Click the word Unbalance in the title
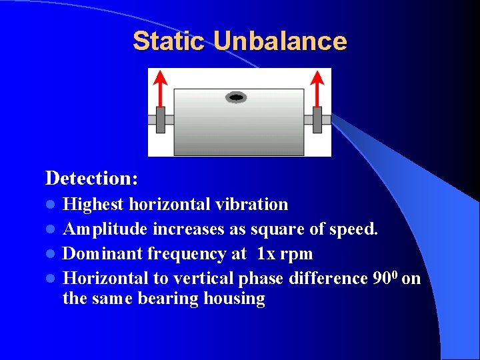coord(280,41)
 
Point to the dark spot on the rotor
coord(236,98)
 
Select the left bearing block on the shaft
coord(161,120)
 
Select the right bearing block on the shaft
coord(317,120)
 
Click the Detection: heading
coord(92,178)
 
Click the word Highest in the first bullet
coord(93,204)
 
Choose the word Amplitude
coord(105,229)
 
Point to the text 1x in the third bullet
coord(266,254)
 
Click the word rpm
coord(297,255)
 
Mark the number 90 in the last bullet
coord(380,278)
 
